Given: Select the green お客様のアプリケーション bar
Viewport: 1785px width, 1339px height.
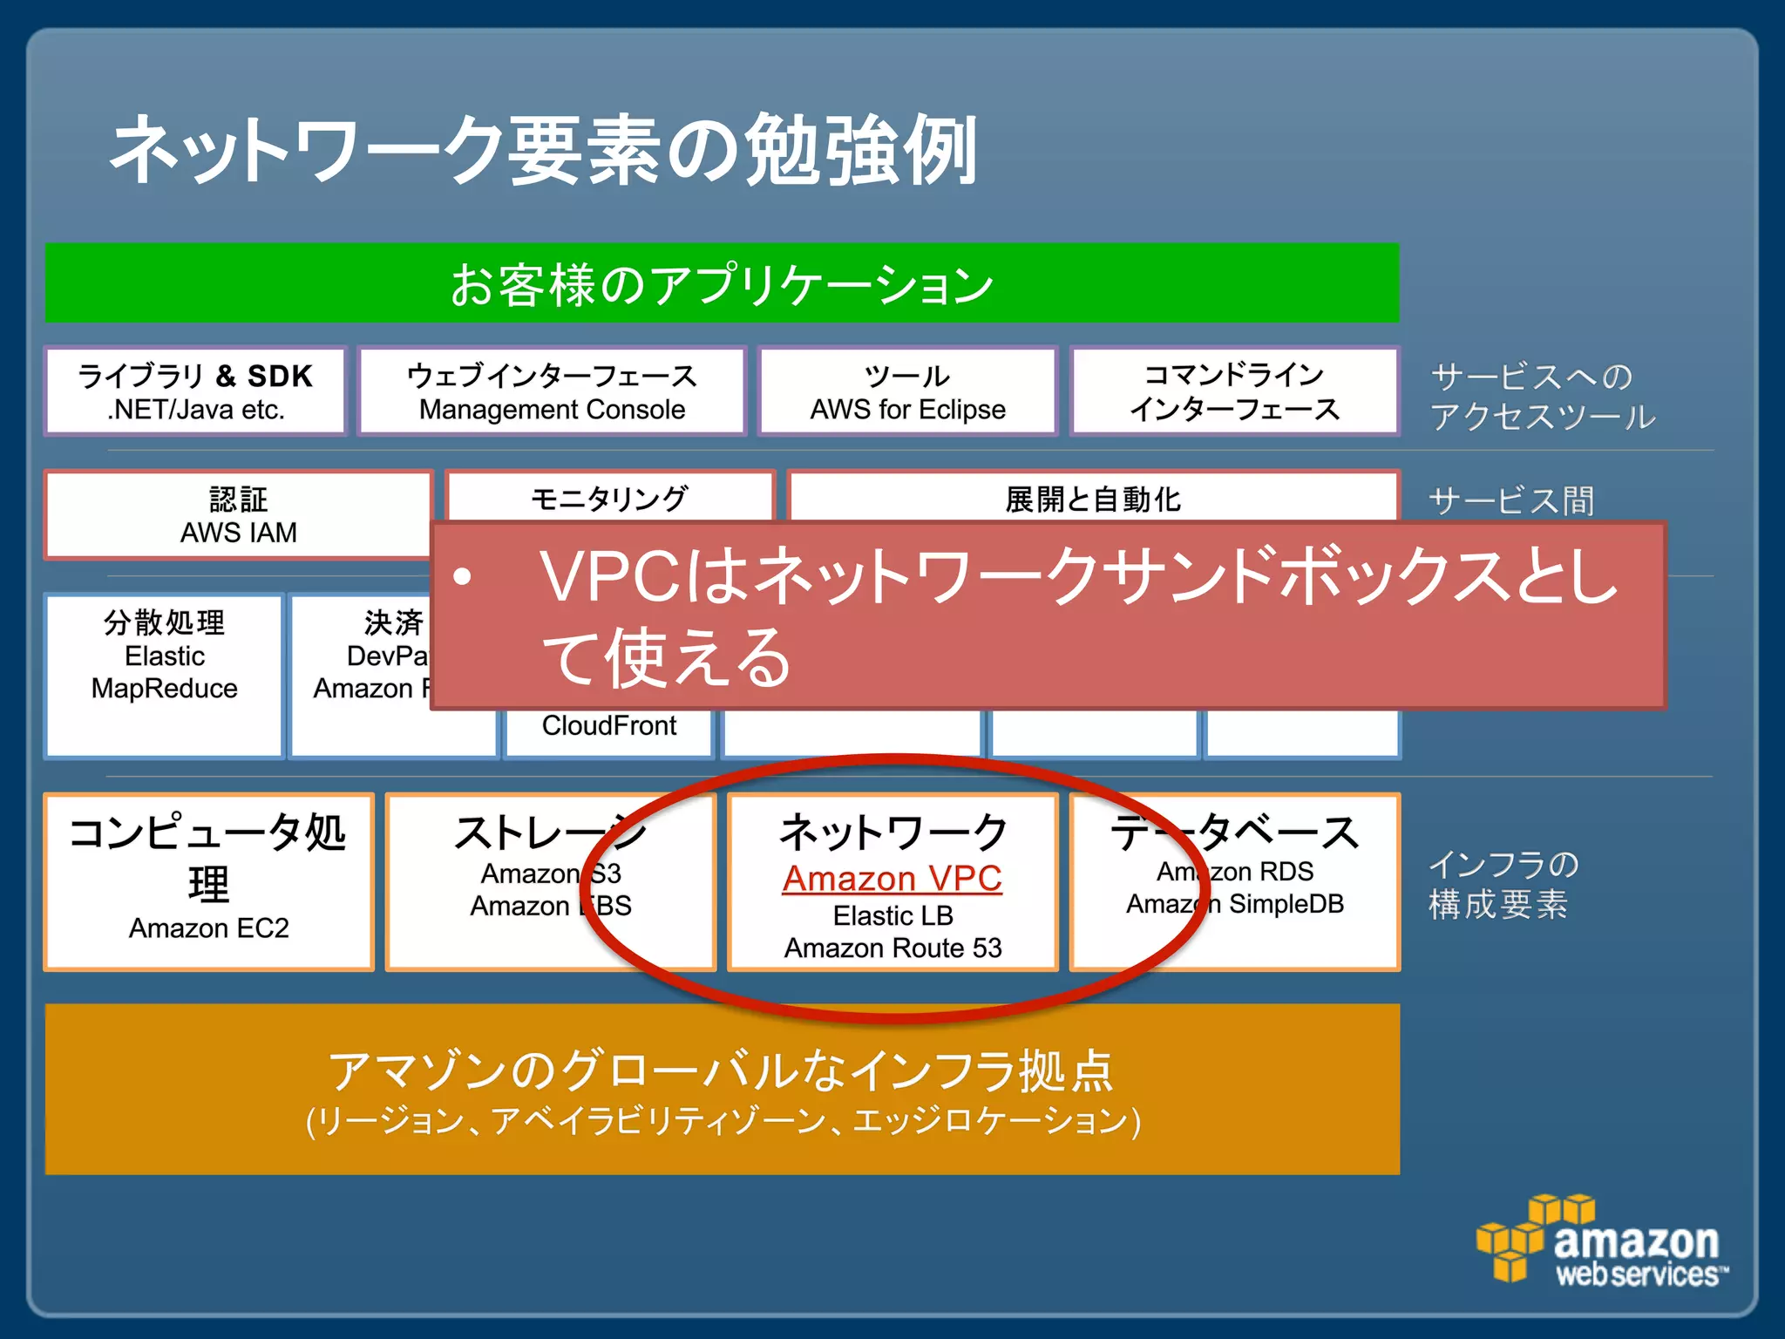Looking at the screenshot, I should point(722,283).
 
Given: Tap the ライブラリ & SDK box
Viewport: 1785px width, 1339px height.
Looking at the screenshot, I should point(195,391).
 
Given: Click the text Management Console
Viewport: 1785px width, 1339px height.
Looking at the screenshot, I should point(552,410).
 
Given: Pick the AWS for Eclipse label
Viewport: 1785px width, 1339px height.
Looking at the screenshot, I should point(907,410).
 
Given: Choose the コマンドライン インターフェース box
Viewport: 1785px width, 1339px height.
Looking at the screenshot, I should point(1234,391).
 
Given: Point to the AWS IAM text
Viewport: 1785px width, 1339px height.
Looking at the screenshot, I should point(238,533).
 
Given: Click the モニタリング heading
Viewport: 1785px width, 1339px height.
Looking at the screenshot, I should point(609,499).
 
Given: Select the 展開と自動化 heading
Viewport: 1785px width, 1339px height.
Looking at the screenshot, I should point(1093,500).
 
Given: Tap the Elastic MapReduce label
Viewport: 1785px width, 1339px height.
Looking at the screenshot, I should point(165,672).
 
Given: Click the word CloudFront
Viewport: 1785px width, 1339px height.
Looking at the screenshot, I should point(609,725).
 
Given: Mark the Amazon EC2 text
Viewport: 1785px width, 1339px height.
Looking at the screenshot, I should point(208,928).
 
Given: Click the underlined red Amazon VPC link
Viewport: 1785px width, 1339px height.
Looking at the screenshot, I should point(892,879).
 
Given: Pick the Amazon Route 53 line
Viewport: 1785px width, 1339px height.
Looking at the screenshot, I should point(892,948).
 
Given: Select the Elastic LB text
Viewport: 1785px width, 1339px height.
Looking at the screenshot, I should point(892,916).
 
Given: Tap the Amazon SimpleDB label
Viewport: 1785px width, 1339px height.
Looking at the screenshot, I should point(1234,904).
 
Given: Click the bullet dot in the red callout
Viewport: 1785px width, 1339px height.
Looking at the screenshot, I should point(463,576).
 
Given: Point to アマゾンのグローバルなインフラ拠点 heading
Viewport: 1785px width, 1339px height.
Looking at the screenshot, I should point(722,1071).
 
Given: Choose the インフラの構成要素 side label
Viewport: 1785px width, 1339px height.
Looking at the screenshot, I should point(1503,884).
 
